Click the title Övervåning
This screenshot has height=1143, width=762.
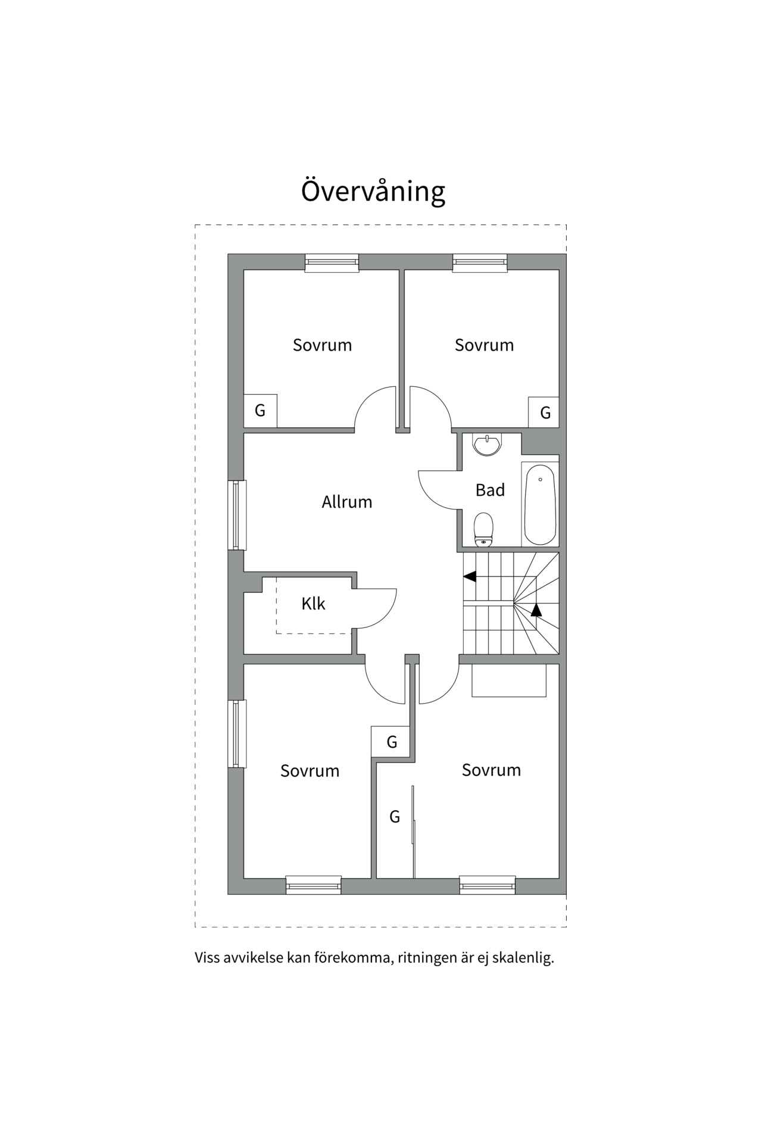(373, 190)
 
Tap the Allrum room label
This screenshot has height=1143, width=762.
(347, 502)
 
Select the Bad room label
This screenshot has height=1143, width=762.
(490, 490)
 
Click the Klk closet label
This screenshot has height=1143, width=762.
(313, 604)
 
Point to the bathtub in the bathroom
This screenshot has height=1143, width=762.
(540, 505)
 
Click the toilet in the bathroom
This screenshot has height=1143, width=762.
(483, 529)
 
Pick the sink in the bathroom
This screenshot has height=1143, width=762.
(488, 445)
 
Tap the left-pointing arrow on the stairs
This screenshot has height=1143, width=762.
(470, 576)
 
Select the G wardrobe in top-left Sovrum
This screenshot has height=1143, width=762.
(260, 410)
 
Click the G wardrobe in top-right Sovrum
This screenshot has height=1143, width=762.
(544, 412)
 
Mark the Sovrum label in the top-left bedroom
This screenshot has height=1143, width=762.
(322, 345)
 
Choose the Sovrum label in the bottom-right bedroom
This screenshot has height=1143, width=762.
(491, 770)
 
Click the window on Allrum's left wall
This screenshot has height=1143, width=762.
(237, 515)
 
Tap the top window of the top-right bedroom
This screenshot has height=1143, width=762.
(480, 263)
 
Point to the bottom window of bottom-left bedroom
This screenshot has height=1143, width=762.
(314, 885)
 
